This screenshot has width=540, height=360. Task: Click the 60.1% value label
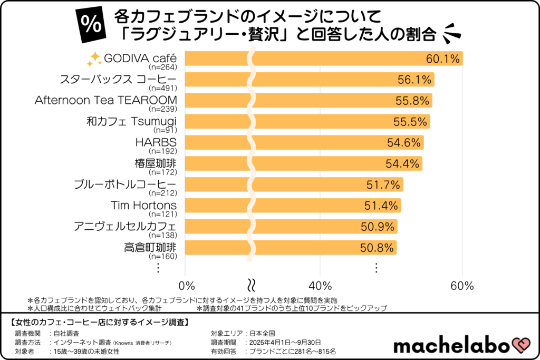(x=443, y=59)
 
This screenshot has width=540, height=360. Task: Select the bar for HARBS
(x=306, y=142)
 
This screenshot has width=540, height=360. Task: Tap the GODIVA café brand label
(x=140, y=57)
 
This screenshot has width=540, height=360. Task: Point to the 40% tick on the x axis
(x=320, y=286)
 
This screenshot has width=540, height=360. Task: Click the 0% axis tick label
(x=188, y=286)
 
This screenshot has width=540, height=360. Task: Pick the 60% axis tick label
(x=462, y=286)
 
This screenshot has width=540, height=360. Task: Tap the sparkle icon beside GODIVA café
(x=93, y=59)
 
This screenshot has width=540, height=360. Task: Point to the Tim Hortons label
(x=143, y=205)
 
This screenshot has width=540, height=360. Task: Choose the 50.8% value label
(x=377, y=248)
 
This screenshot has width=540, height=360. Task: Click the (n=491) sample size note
(x=163, y=88)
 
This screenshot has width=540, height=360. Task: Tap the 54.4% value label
(x=403, y=163)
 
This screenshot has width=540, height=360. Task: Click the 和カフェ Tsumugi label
(x=131, y=121)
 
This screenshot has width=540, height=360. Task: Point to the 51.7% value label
(x=383, y=184)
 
